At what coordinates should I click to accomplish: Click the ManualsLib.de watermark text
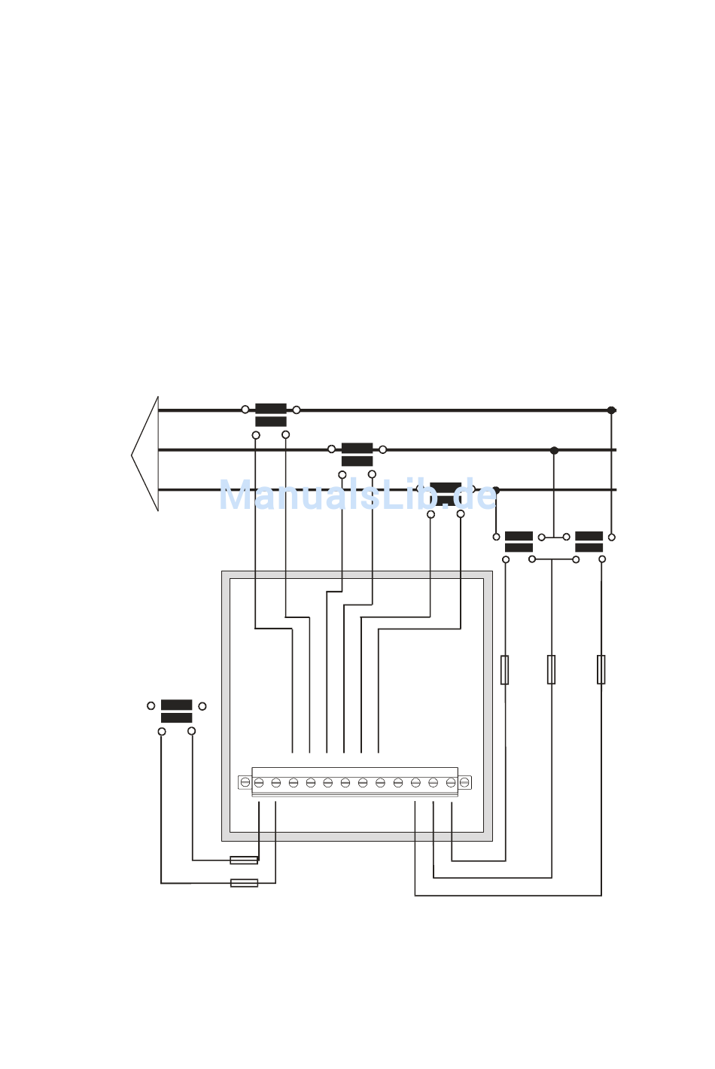(357, 496)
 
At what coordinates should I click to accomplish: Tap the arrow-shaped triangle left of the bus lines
(148, 454)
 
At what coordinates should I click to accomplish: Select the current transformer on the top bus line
(271, 415)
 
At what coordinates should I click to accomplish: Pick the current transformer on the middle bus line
(357, 455)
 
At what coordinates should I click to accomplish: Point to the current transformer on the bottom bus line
(446, 493)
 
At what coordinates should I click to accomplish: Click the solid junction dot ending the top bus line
(611, 410)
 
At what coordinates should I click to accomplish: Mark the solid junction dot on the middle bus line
(554, 450)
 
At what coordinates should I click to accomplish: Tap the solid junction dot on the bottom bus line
(495, 490)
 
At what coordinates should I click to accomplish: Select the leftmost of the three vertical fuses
(505, 669)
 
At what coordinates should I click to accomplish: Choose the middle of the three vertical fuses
(552, 669)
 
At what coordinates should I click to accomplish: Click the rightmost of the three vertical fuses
(601, 669)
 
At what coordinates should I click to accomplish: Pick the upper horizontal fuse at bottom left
(244, 860)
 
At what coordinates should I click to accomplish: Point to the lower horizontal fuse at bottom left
(244, 883)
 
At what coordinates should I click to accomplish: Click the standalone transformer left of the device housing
(177, 711)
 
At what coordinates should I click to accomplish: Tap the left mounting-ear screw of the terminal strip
(245, 783)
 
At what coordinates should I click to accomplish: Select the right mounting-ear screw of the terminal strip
(465, 783)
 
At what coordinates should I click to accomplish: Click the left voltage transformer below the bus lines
(519, 542)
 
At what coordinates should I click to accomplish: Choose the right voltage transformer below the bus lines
(589, 542)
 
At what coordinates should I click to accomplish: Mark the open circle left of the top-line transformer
(245, 410)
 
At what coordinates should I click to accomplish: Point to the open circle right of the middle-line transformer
(383, 449)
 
